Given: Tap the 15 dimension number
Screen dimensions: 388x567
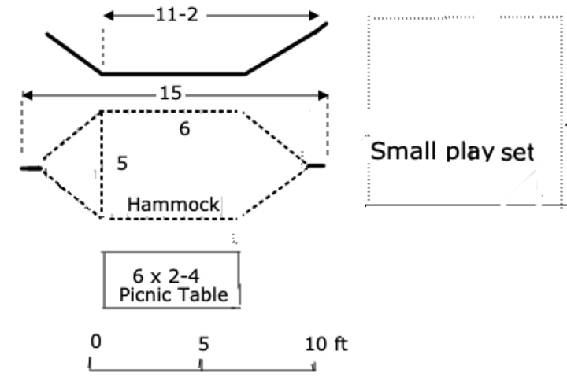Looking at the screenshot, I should pos(170,94).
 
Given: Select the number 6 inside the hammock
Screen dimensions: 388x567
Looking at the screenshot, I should pos(184,129).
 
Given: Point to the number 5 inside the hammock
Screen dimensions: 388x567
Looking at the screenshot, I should pos(122,164).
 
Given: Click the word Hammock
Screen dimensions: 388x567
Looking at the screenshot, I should pos(173,205).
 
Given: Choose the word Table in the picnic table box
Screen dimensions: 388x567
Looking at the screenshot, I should pos(202,296).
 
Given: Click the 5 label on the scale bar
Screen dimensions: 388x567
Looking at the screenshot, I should pos(203,343).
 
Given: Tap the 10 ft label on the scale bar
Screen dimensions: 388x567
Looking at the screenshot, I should pos(326,343).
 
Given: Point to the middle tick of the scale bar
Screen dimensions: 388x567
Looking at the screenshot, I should pos(202,364).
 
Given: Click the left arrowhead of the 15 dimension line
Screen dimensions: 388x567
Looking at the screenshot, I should pos(26,95).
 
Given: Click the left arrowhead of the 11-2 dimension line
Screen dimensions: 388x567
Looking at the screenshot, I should pos(108,16).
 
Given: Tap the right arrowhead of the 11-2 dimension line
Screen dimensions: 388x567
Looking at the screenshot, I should pos(314,16).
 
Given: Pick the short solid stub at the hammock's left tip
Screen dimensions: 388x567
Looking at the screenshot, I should pos(31,168).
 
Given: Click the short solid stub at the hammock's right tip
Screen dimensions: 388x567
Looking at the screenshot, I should pos(316,166).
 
